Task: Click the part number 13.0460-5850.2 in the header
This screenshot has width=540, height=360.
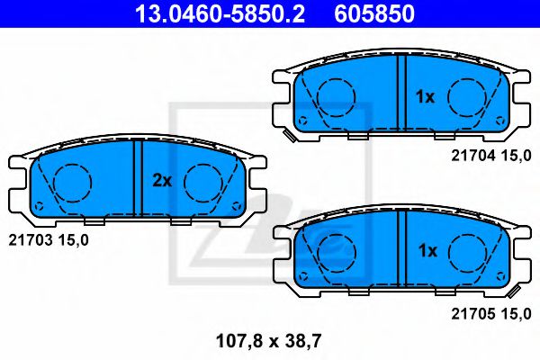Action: [220, 13]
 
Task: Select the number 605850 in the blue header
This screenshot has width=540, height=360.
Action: [374, 13]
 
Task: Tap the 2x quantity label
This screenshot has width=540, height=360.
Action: [162, 181]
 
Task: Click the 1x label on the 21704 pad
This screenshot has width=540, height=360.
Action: [426, 97]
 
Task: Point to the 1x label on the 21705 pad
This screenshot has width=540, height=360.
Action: [427, 251]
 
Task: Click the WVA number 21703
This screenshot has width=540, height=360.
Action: [31, 240]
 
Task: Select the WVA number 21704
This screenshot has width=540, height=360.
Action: [473, 156]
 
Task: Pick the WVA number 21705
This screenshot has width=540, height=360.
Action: [473, 313]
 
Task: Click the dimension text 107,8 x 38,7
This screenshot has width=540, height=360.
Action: [268, 341]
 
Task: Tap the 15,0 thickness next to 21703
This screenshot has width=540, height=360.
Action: [74, 240]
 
